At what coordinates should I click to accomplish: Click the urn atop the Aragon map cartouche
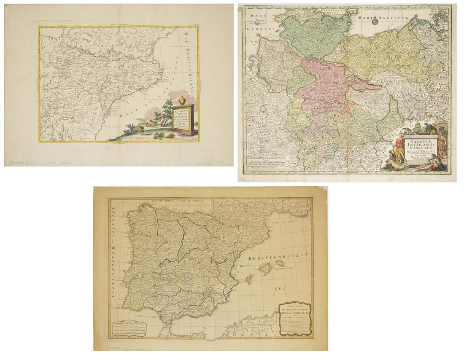coord(181,100)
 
